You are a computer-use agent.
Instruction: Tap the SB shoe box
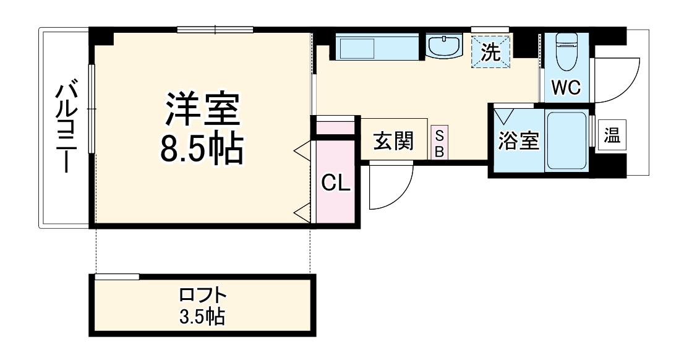(438, 144)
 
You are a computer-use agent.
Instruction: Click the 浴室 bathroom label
(519, 141)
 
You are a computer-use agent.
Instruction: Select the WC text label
(565, 88)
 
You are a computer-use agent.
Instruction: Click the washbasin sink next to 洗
(443, 46)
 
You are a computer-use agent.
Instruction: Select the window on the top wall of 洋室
(215, 28)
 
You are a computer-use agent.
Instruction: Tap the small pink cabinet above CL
(335, 127)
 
